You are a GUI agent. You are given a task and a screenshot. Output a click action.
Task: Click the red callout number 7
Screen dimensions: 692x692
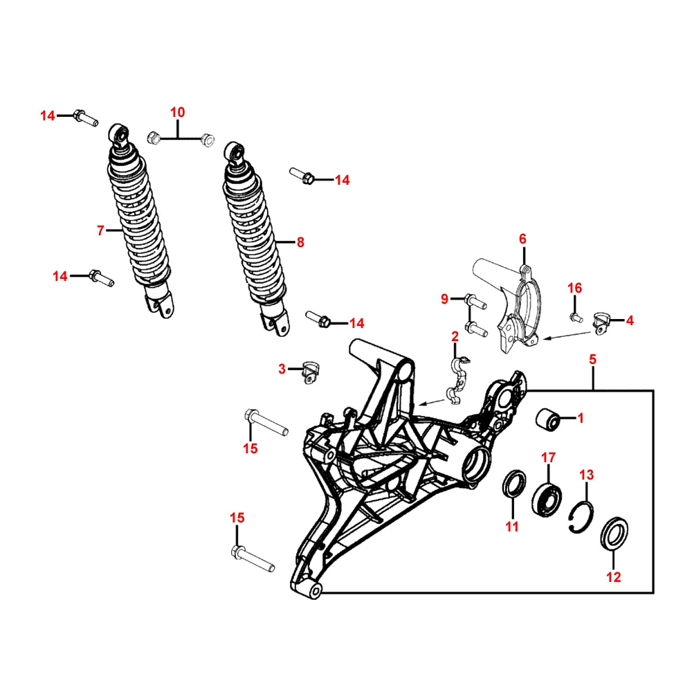[x=100, y=230]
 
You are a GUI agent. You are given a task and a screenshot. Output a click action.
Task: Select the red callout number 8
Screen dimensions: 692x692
[x=300, y=242]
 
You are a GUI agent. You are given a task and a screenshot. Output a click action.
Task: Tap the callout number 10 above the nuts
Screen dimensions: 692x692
[x=178, y=112]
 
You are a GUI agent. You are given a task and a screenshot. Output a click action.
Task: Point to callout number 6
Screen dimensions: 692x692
[x=523, y=239]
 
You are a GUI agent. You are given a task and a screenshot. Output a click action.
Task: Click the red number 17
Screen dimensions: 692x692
[x=548, y=457]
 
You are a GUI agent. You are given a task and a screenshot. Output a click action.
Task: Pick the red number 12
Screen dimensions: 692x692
[x=614, y=577]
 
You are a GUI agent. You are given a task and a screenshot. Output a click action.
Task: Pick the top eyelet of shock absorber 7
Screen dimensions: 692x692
[x=120, y=134]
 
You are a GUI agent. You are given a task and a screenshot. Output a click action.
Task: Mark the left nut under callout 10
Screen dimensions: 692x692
[x=155, y=138]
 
